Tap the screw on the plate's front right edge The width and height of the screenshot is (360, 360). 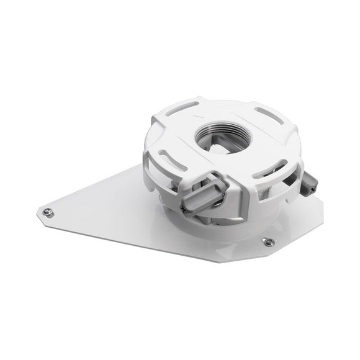(268, 241)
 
